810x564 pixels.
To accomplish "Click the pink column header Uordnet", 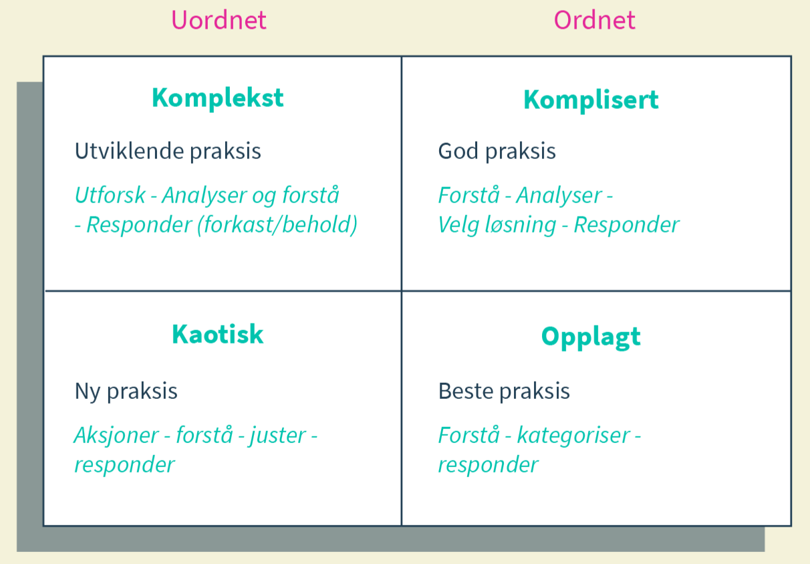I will pos(219,20).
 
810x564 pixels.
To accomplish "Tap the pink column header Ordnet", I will pos(594,20).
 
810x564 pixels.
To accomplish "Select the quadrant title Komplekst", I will pos(218,98).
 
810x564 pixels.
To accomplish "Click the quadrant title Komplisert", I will pos(591,100).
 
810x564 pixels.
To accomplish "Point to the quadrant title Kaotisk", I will pos(218,333).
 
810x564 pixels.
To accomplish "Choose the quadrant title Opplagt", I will pos(591,336).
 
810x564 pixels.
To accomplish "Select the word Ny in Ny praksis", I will pos(88,391).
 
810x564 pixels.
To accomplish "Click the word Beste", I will pos(464,391).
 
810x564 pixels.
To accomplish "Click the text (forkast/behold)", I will pos(277,225).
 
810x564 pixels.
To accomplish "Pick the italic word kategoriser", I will pos(573,436).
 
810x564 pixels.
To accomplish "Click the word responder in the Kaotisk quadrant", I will pos(124,464).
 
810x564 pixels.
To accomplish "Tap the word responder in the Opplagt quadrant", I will pos(488,464).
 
